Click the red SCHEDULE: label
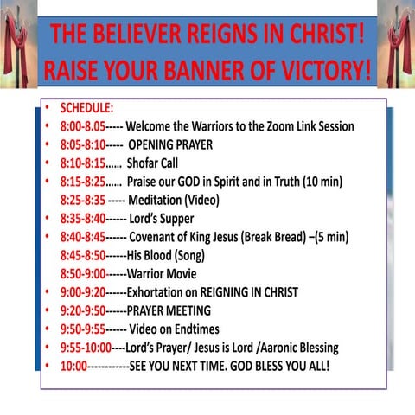point(86,109)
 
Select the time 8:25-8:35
point(84,200)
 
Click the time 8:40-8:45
point(83,237)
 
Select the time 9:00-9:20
point(83,292)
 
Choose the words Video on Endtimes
point(174,329)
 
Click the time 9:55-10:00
point(86,348)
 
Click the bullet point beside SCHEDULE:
point(48,109)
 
